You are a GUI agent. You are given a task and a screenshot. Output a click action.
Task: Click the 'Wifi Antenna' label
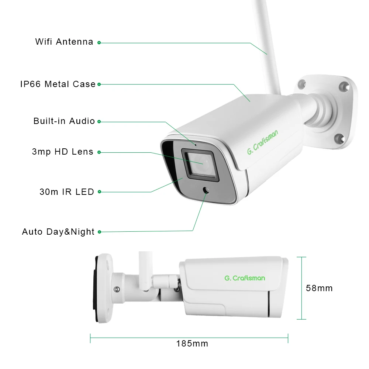[x=64, y=42]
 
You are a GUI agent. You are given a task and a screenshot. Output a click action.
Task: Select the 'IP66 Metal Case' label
[x=58, y=84]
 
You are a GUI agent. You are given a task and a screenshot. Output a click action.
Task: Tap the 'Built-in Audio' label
[x=64, y=121]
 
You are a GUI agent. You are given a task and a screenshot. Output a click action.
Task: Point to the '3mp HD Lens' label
[x=63, y=152]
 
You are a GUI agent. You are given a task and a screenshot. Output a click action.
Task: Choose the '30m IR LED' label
[x=67, y=192]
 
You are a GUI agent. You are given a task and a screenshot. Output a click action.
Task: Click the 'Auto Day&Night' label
[x=58, y=232]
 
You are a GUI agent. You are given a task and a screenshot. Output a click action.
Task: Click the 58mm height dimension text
[x=319, y=288]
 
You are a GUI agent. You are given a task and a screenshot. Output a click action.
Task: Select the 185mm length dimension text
[x=192, y=344]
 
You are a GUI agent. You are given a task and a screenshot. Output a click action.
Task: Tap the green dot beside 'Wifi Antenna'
[x=99, y=42]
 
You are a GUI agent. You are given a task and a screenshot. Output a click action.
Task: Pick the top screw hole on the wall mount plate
[x=344, y=87]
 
